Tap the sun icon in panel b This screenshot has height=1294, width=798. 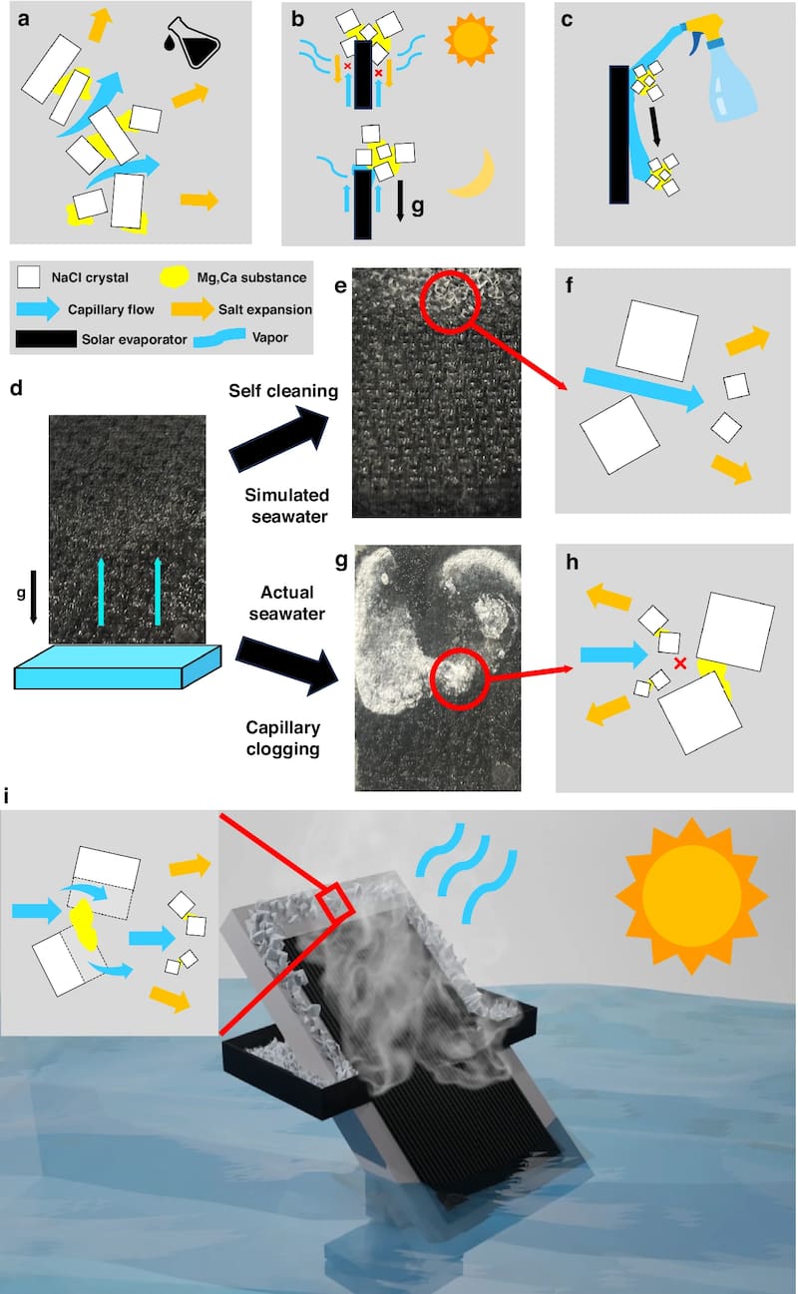(471, 39)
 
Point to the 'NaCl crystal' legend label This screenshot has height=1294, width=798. (90, 278)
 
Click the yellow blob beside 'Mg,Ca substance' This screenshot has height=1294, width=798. (174, 276)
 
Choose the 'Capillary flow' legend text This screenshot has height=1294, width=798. (111, 309)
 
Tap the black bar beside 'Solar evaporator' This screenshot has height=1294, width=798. (46, 338)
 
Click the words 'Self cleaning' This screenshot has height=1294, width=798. (283, 391)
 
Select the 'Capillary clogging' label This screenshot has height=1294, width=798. (283, 738)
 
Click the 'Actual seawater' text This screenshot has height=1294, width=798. (287, 603)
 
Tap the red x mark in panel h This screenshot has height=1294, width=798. (680, 663)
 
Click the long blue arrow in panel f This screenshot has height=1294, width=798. (643, 388)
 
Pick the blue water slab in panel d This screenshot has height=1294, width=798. (118, 666)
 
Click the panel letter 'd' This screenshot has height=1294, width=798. (16, 388)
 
